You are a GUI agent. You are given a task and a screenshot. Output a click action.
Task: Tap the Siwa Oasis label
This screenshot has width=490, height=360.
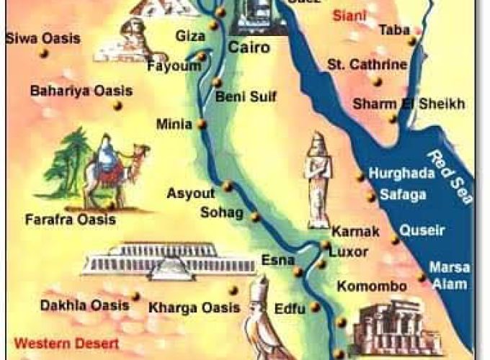click(x=43, y=38)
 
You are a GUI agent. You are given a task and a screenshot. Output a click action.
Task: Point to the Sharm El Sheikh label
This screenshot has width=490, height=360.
click(x=408, y=104)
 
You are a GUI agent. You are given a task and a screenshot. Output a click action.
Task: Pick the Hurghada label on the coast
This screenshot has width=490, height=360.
click(x=401, y=174)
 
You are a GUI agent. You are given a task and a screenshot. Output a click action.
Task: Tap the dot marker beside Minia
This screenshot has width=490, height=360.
click(x=202, y=124)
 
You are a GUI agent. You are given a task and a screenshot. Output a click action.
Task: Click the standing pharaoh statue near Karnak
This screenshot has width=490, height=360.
click(x=318, y=180)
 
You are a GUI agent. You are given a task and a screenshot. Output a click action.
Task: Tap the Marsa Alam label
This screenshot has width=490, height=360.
click(x=450, y=274)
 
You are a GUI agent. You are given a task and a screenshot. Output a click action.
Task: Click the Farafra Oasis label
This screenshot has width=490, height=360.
click(x=70, y=220)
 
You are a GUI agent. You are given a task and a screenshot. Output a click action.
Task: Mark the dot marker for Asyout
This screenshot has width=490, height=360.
click(x=227, y=186)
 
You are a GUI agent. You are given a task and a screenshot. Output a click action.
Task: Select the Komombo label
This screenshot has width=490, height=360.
click(x=372, y=286)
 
